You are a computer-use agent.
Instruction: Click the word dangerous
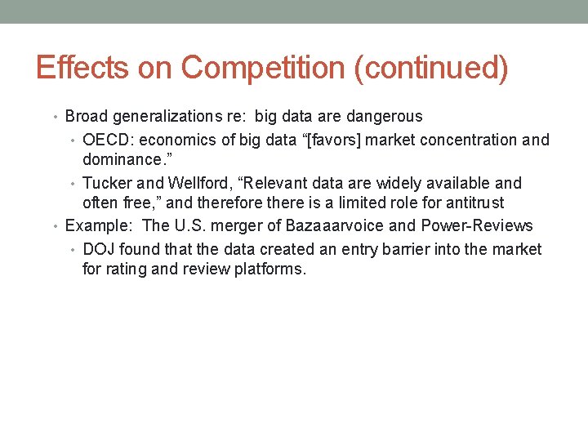[x=382, y=117]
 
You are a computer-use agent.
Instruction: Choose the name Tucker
[x=105, y=183]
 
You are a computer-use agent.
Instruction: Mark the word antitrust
[x=474, y=203]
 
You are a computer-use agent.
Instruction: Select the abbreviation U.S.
[x=189, y=226]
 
